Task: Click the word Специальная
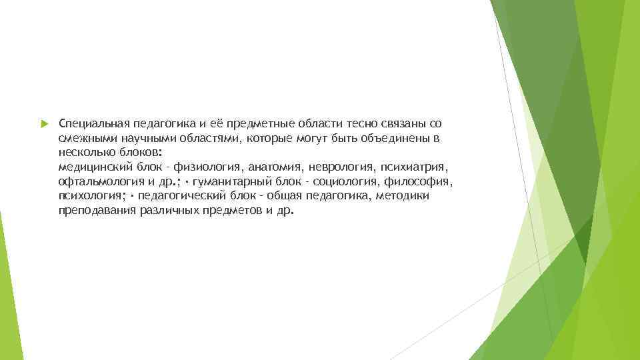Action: coord(87,123)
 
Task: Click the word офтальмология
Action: coord(96,181)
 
